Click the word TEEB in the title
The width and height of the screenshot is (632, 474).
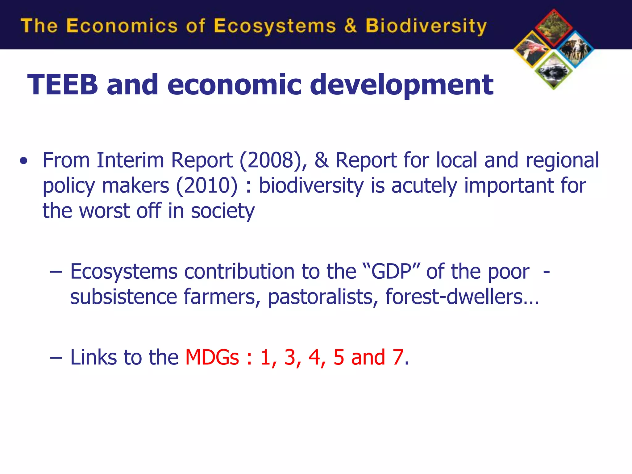pos(63,85)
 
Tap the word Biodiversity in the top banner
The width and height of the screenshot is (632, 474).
pos(426,26)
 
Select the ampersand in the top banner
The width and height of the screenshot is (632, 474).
pos(350,25)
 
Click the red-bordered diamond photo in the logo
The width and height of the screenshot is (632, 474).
pos(554,27)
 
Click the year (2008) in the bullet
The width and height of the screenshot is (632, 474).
pos(273,160)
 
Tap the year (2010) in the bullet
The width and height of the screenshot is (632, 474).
pos(207,186)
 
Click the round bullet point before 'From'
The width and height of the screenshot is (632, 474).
pos(23,161)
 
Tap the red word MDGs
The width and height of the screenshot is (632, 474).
pos(212,357)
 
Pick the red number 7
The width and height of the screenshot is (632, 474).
pos(398,357)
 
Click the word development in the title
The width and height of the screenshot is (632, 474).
pos(401,85)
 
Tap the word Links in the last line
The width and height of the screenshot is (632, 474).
pos(94,357)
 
